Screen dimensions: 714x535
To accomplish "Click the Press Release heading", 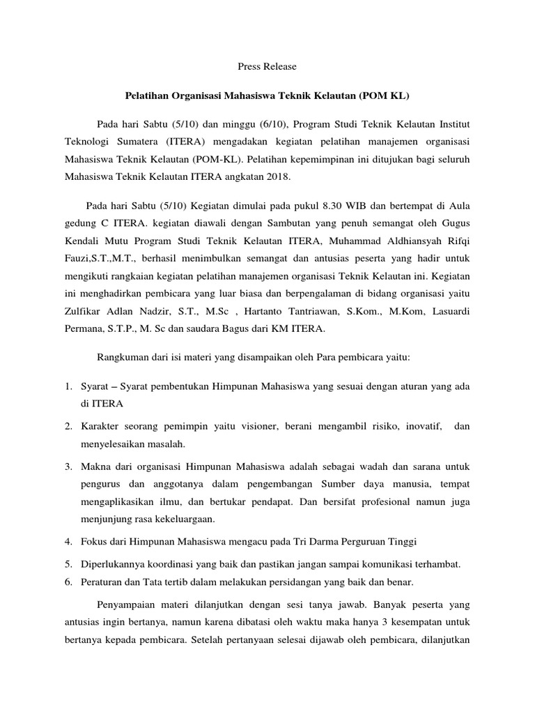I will click(x=267, y=66).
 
